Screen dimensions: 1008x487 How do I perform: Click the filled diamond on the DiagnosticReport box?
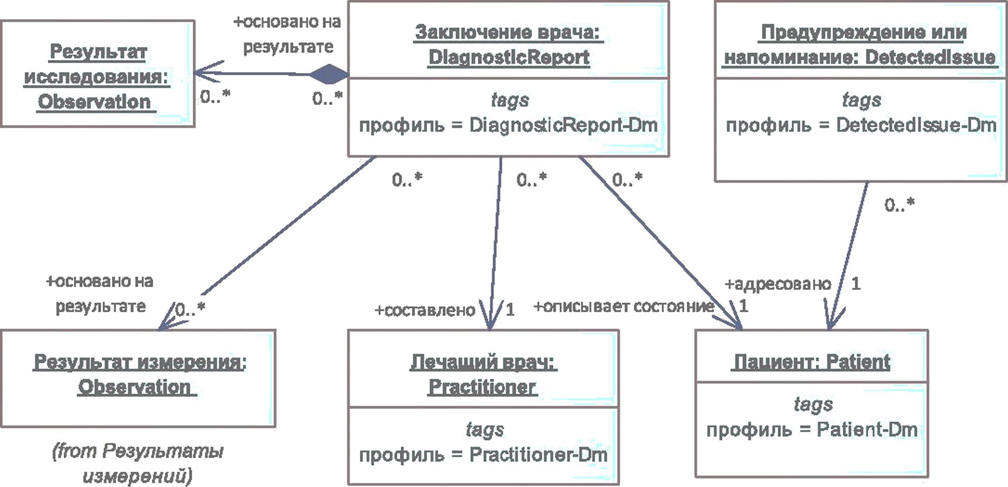tap(329, 74)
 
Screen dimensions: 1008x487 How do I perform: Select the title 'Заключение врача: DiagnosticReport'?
tap(508, 45)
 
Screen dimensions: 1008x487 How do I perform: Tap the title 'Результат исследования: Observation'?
tap(97, 77)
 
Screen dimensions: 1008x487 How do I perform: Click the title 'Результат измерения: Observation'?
tap(139, 374)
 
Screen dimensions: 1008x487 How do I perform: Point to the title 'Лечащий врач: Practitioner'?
tap(483, 374)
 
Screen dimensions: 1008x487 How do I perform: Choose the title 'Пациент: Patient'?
tap(811, 362)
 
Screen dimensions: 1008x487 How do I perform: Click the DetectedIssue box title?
tap(860, 45)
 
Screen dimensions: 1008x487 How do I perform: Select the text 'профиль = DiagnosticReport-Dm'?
tap(508, 125)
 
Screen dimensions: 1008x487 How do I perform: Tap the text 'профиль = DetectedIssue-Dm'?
tap(861, 125)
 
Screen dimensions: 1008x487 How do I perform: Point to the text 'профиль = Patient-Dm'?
tap(812, 430)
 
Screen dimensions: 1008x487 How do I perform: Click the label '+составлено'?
tap(425, 310)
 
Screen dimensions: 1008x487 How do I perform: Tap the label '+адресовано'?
tap(778, 284)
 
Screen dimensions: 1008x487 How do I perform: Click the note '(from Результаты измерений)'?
tap(138, 463)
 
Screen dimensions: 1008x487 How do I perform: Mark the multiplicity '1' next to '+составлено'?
tap(510, 309)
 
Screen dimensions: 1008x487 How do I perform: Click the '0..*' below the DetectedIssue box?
tap(899, 204)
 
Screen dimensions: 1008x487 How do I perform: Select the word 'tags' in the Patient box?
tap(813, 404)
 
